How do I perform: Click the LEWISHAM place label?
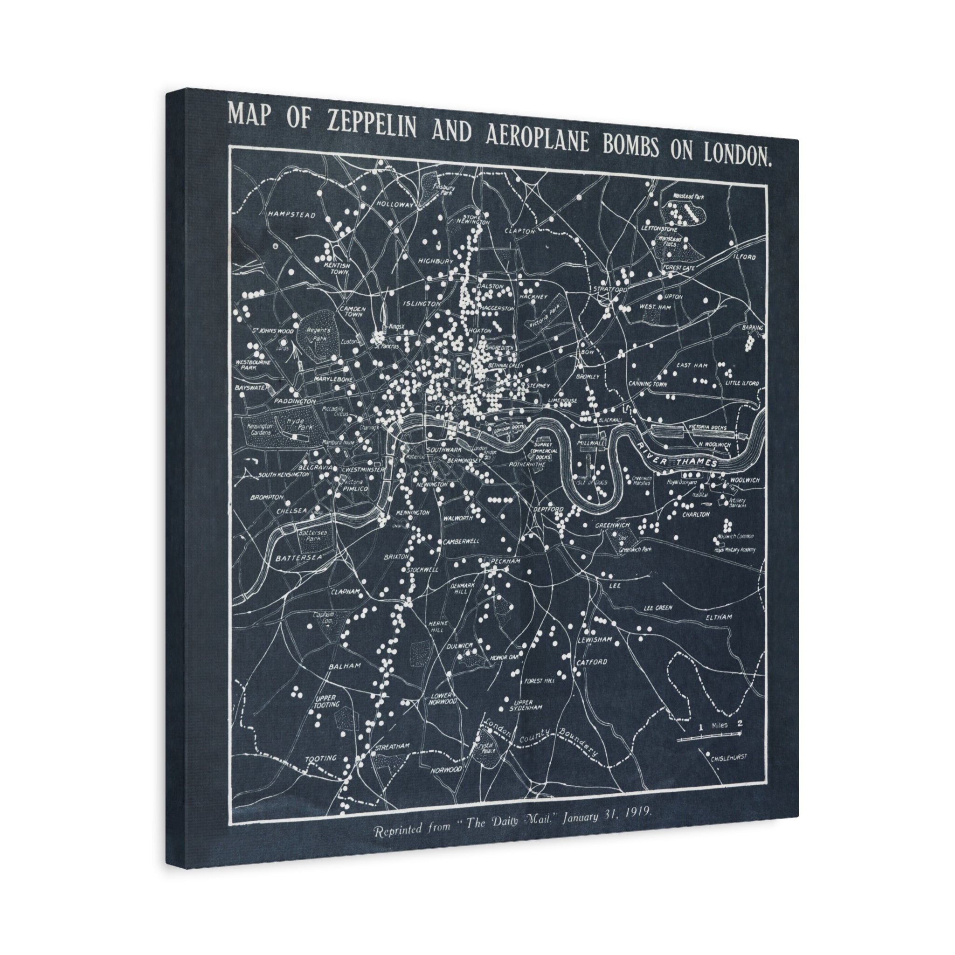pyautogui.click(x=595, y=640)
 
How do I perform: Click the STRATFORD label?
pyautogui.click(x=610, y=289)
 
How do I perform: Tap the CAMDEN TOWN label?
pyautogui.click(x=352, y=311)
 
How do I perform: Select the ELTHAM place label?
pyautogui.click(x=718, y=617)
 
